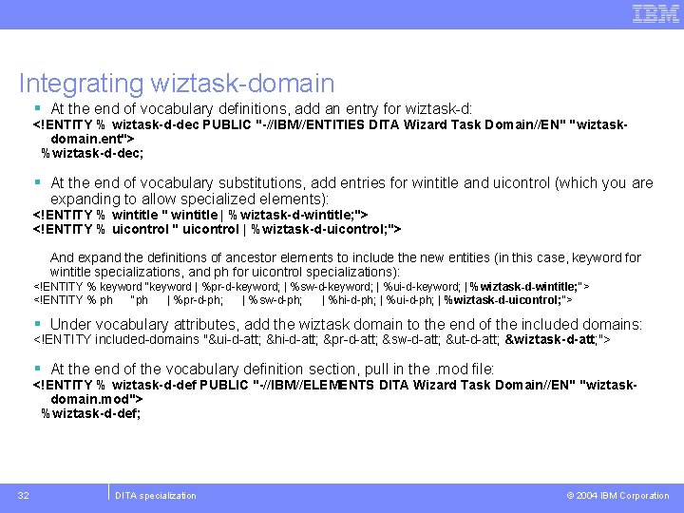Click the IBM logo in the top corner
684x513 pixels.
[655, 13]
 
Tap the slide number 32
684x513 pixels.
[24, 495]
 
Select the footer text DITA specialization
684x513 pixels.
[156, 495]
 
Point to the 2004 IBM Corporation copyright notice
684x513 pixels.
[617, 495]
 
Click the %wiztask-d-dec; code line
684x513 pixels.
[93, 153]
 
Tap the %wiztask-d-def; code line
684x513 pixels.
[91, 413]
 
